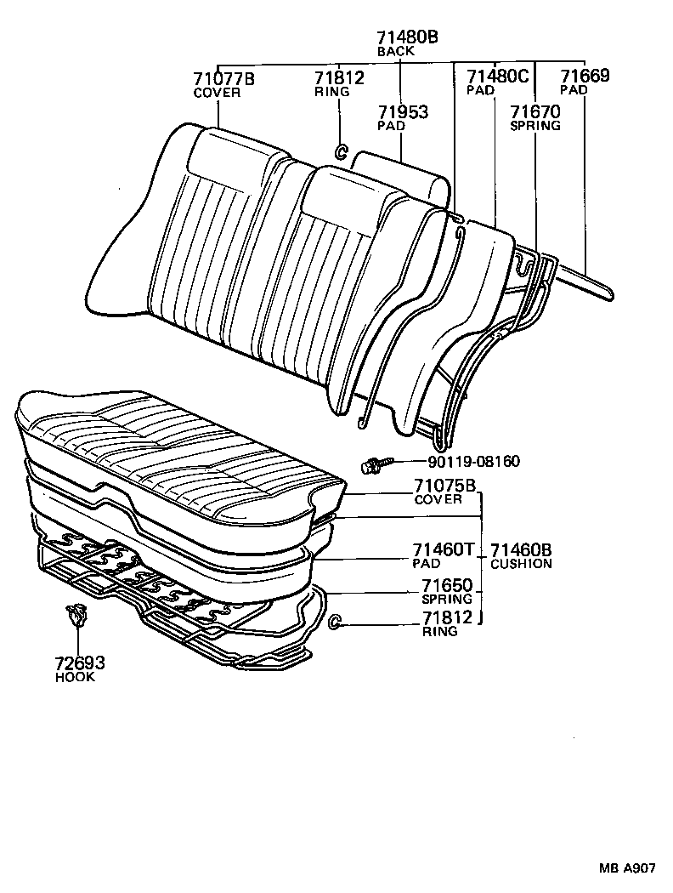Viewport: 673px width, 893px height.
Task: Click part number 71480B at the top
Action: (407, 37)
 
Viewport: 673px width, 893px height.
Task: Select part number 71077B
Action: (224, 79)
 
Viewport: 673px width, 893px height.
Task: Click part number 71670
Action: (534, 111)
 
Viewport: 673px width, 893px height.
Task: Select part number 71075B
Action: (444, 486)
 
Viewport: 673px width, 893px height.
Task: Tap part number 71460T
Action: (443, 550)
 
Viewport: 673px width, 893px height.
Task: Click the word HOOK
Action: (76, 678)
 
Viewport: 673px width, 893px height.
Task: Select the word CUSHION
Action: (521, 564)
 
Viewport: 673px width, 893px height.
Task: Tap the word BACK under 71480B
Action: (395, 51)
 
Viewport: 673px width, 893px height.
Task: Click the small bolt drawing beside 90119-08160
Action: (375, 464)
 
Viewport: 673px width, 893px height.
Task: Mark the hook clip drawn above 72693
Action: (76, 615)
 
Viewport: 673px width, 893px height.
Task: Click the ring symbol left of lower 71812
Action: (335, 623)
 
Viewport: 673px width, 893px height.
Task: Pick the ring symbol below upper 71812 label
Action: (339, 151)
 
